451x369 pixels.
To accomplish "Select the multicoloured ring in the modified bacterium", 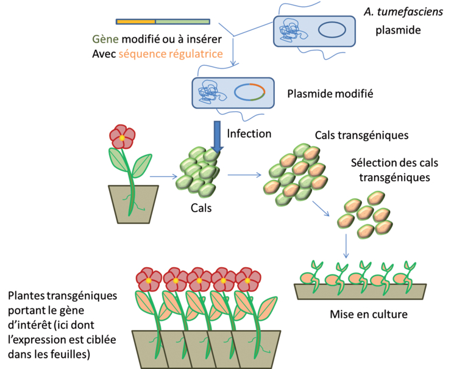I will (x=250, y=92).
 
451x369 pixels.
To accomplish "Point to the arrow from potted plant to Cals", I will (x=163, y=177).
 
